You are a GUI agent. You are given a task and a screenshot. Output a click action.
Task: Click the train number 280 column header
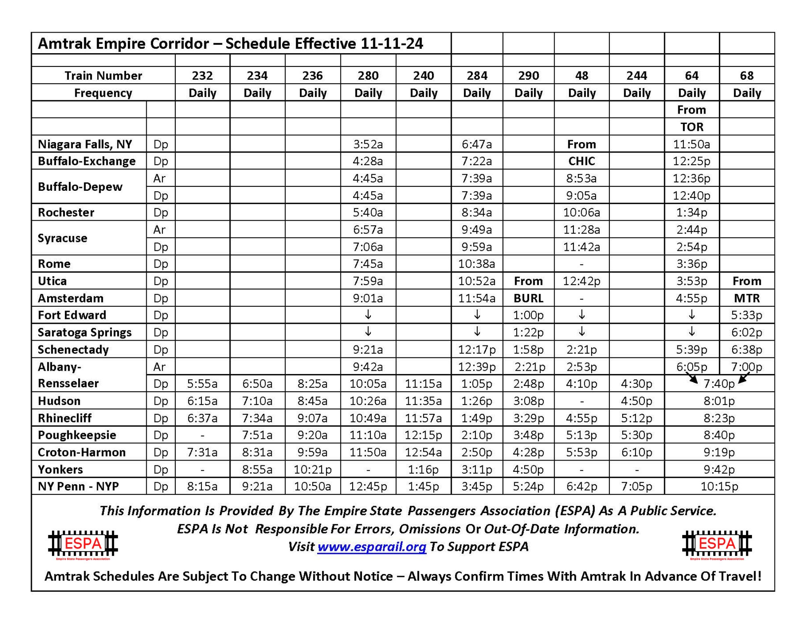pyautogui.click(x=368, y=76)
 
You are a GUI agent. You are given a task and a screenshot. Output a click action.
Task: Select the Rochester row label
pyautogui.click(x=66, y=213)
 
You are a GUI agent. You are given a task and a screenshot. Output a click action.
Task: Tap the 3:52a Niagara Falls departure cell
pyautogui.click(x=368, y=144)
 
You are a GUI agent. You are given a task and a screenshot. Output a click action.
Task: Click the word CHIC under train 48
pyautogui.click(x=582, y=161)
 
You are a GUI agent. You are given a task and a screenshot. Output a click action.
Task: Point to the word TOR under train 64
pyautogui.click(x=692, y=127)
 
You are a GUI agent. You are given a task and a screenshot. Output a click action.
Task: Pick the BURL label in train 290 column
pyautogui.click(x=528, y=298)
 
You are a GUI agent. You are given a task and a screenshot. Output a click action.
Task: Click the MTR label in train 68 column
pyautogui.click(x=747, y=298)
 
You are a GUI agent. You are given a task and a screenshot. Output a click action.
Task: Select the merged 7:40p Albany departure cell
pyautogui.click(x=719, y=384)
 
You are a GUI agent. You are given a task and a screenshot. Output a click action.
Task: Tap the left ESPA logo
pyautogui.click(x=83, y=544)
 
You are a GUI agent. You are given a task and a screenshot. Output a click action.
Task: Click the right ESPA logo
pyautogui.click(x=717, y=544)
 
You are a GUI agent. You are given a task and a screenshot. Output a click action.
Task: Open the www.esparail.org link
pyautogui.click(x=372, y=547)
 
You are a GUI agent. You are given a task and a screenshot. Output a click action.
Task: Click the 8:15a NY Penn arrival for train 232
pyautogui.click(x=202, y=487)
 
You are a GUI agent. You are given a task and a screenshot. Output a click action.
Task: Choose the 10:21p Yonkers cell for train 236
pyautogui.click(x=313, y=469)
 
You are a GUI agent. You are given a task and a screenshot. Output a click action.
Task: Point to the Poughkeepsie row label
pyautogui.click(x=77, y=435)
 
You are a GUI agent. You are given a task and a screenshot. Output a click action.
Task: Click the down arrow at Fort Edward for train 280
pyautogui.click(x=368, y=315)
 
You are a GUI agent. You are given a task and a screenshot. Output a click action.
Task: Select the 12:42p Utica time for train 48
pyautogui.click(x=582, y=281)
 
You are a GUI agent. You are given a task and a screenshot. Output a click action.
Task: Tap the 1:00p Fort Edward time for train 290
pyautogui.click(x=528, y=315)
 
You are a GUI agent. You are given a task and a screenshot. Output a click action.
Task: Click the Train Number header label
pyautogui.click(x=103, y=76)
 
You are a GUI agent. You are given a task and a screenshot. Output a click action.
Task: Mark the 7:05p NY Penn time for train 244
pyautogui.click(x=637, y=487)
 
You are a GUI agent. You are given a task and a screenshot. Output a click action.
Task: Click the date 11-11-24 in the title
pyautogui.click(x=392, y=43)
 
